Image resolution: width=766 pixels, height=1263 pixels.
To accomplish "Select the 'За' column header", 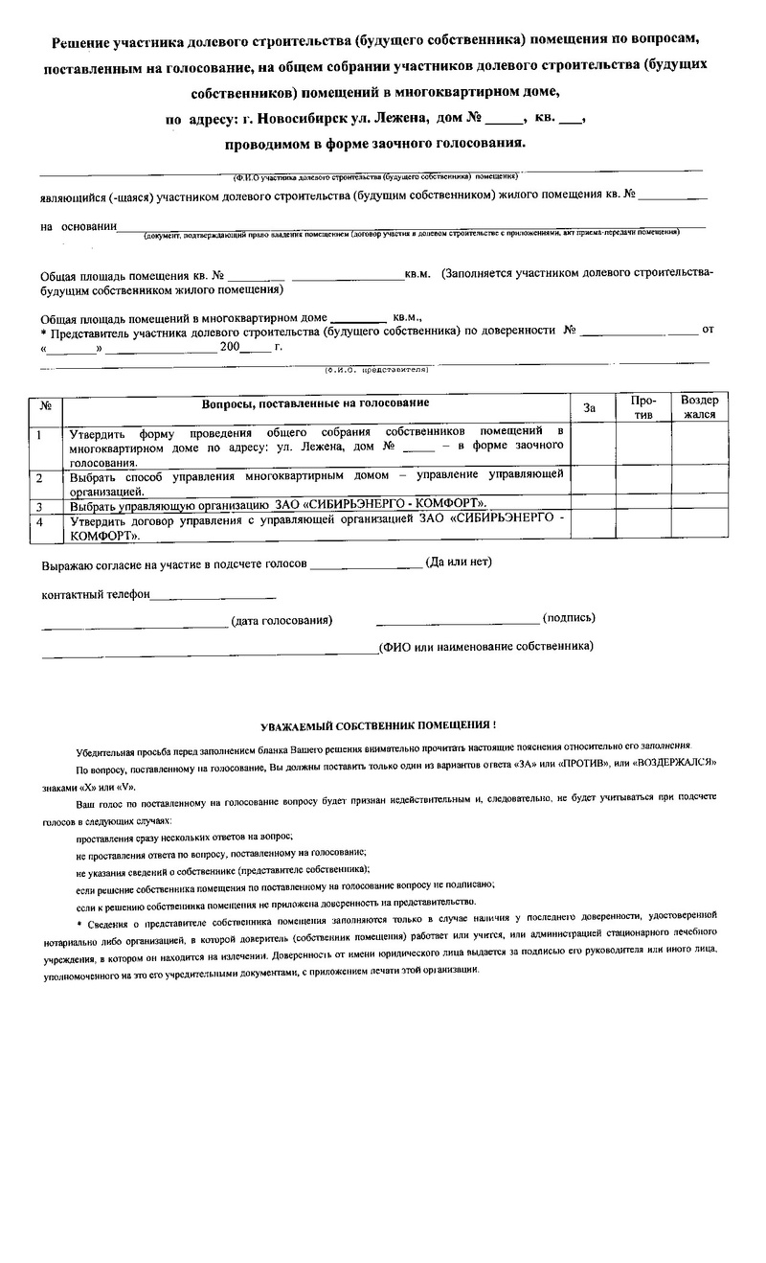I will pos(590,409).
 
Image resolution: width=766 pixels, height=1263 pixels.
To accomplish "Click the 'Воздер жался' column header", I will pos(699,407).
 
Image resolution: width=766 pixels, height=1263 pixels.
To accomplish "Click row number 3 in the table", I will pos(39,505).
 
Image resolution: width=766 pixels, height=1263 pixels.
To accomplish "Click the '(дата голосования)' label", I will pos(282,620).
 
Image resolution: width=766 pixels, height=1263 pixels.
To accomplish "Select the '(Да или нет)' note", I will pos(459,563).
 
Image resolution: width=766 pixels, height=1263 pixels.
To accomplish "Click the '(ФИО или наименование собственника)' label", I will pos(485,646).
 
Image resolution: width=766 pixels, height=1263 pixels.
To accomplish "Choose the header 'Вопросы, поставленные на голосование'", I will pos(315,403).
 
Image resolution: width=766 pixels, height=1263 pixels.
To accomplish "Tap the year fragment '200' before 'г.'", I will pos(230,347).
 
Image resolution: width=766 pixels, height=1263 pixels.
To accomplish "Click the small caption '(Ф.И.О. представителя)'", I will pos(374,368).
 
